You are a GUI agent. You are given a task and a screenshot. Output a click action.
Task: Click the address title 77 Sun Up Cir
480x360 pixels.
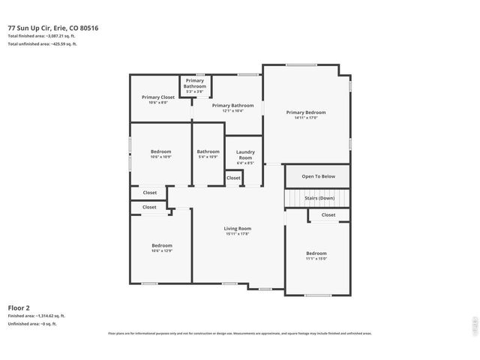pos(53,28)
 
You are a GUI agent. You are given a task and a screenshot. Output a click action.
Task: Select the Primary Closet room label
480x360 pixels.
pos(157,97)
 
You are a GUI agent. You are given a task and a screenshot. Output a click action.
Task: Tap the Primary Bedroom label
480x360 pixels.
pos(306,112)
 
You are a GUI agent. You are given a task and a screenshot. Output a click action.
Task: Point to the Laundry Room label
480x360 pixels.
pos(245,155)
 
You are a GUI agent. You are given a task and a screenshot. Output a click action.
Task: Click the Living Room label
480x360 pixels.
pos(238,228)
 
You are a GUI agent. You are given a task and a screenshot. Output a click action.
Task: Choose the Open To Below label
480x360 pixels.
pos(318,176)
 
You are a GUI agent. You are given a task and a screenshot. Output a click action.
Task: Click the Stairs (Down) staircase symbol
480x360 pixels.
pos(317,198)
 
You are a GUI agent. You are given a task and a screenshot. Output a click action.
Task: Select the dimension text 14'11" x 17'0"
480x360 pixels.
pos(306,118)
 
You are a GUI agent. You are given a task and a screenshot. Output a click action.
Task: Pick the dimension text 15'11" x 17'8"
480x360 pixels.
pos(238,233)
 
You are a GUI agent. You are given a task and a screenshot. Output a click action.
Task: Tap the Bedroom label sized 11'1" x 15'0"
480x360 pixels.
pos(316,253)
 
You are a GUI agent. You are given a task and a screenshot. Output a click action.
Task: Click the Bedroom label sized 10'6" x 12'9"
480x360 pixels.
pos(162,245)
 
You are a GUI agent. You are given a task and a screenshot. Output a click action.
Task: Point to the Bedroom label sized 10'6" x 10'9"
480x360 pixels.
pos(161,151)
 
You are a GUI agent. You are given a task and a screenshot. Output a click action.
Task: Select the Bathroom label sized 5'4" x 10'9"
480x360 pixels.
pos(208,151)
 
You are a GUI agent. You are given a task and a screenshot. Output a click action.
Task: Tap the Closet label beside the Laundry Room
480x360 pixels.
pos(233,178)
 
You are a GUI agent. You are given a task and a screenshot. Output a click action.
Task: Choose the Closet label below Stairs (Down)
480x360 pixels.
pos(328,214)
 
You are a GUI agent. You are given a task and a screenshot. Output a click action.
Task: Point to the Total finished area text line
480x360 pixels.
pos(43,36)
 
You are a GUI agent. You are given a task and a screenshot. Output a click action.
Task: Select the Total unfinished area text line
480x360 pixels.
pos(42,43)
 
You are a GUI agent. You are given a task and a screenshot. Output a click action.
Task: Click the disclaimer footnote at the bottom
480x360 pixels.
pos(239,333)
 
